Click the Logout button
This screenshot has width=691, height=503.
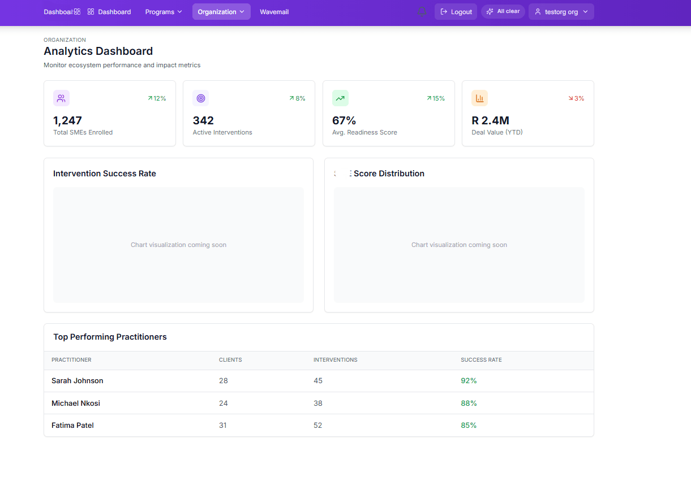coord(456,12)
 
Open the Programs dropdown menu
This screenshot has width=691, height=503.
coord(164,12)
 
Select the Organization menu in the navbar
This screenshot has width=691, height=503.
coord(221,12)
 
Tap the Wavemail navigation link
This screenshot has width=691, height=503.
coord(274,12)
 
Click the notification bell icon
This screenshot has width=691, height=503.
coord(422,12)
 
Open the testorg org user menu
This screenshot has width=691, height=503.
coord(561,12)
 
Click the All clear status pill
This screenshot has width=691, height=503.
coord(503,11)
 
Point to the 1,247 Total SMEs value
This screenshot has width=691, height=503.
coord(67,120)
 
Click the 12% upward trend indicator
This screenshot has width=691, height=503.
coord(157,98)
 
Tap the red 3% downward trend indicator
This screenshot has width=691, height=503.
coord(576,98)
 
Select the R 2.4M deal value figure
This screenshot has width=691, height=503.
coord(490,120)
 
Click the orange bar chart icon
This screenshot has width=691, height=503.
coord(479,98)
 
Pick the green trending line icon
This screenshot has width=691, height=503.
coord(340,98)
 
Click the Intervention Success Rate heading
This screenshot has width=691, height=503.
coord(105,174)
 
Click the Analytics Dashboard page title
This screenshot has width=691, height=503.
coord(98,51)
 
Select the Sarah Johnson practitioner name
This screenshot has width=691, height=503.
coord(78,381)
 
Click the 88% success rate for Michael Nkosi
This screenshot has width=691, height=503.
coord(469,404)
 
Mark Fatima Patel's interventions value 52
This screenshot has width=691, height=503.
coord(317,426)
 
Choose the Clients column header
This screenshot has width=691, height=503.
coord(230,360)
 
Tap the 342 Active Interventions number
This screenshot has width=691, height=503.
coord(203,120)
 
